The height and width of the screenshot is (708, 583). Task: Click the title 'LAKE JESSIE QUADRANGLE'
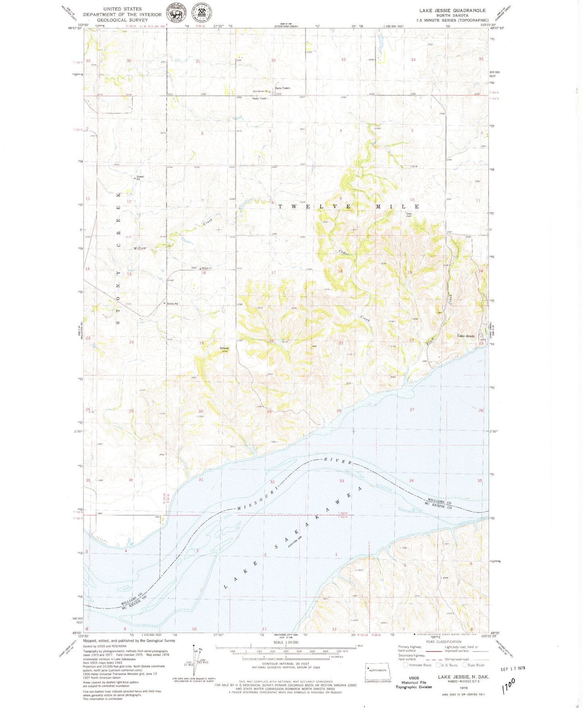point(452,10)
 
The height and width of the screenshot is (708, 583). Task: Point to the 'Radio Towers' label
point(282,88)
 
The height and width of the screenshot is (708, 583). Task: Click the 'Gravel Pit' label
point(140,178)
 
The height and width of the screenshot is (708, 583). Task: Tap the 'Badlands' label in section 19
point(224,348)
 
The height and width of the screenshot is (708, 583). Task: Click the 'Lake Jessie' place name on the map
point(466,336)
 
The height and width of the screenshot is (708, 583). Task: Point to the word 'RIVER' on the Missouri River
point(339,461)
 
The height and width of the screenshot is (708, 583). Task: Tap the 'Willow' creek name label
point(140,248)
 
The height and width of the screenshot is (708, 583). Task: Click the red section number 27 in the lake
point(412,410)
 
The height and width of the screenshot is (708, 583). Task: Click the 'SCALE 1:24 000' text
point(286,642)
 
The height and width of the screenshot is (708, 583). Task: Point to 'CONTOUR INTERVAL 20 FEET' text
point(286,664)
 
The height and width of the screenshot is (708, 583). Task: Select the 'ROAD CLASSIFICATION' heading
point(443,642)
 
